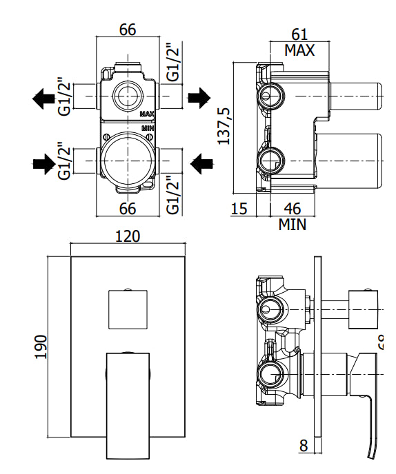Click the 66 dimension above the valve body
point(128,30)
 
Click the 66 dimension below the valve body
point(128,209)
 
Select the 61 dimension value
point(299,35)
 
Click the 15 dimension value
point(238,209)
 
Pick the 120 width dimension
point(128,236)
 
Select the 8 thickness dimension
point(304,446)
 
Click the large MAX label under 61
point(299,50)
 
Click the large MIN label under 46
point(293,224)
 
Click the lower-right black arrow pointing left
point(201,163)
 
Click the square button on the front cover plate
point(128,309)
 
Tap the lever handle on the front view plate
point(128,403)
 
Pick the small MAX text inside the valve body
point(147,114)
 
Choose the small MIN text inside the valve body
point(148,129)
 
